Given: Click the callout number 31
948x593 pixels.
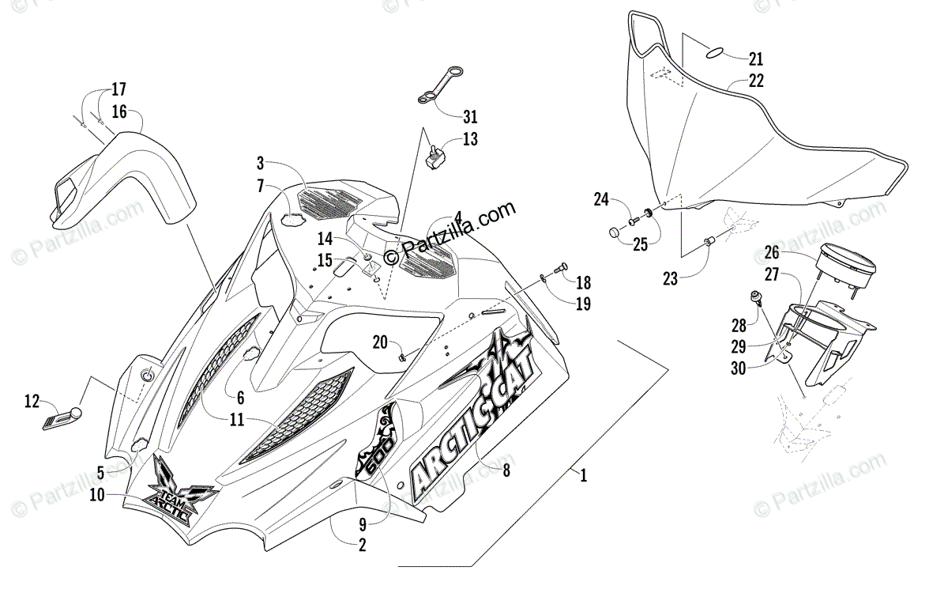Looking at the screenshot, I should [470, 117].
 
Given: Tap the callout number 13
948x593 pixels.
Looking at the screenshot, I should [470, 140].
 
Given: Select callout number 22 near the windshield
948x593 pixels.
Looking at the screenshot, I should [756, 81].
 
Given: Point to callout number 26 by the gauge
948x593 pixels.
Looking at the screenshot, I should [771, 253].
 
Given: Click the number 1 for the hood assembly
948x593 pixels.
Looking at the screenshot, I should [583, 476].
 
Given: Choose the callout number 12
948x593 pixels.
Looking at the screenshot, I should [32, 402].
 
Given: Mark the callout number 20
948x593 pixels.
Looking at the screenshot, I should [379, 342].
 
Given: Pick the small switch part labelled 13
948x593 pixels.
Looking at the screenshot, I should [434, 156].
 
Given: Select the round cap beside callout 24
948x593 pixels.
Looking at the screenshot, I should [615, 232].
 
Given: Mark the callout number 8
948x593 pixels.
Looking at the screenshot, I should [506, 469].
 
